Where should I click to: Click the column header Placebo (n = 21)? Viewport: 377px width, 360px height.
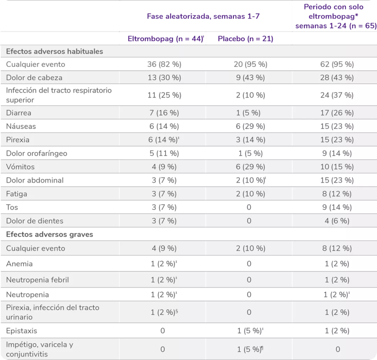click(x=245, y=39)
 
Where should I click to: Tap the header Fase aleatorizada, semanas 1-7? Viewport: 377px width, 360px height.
click(x=203, y=16)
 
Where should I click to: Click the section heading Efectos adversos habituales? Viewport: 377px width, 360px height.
click(x=54, y=51)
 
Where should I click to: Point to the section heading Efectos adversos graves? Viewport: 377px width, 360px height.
click(x=50, y=234)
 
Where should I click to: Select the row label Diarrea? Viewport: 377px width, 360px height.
click(x=19, y=113)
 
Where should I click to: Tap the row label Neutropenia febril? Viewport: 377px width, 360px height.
click(x=37, y=280)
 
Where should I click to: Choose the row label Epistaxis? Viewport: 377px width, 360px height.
click(x=22, y=330)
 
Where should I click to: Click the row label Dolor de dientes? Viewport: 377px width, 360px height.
click(x=35, y=220)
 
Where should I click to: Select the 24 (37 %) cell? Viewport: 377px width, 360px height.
click(x=337, y=95)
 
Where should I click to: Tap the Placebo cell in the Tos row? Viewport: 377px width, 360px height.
click(x=249, y=207)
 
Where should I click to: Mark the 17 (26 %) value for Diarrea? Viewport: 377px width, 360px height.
click(x=337, y=113)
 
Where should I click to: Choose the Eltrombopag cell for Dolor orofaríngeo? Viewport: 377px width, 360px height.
click(x=163, y=153)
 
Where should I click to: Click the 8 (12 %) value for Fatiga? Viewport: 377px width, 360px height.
click(x=337, y=194)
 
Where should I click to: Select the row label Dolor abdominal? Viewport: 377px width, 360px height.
click(x=35, y=180)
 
